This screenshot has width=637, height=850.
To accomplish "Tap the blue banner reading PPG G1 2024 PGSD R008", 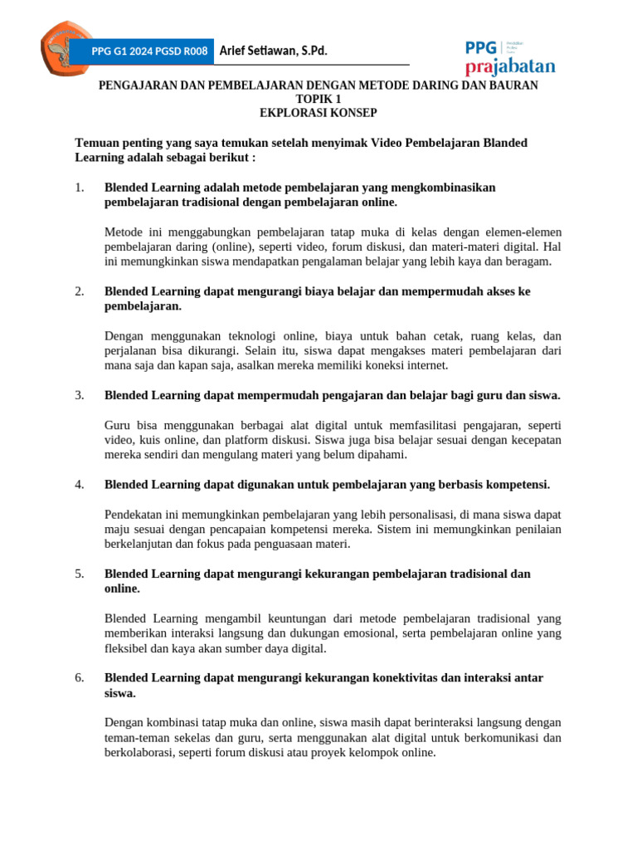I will point(143,51).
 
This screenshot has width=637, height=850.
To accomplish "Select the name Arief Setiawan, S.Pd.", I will point(273,51).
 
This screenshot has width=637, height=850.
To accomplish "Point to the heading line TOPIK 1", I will point(318,99).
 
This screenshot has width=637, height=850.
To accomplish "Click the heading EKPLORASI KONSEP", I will point(318,113).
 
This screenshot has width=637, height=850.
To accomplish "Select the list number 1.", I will point(80,188).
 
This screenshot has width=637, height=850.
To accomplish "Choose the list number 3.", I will point(80,395).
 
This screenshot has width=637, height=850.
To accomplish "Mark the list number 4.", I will point(80,485).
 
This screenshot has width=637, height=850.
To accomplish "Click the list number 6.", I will point(80,678).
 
